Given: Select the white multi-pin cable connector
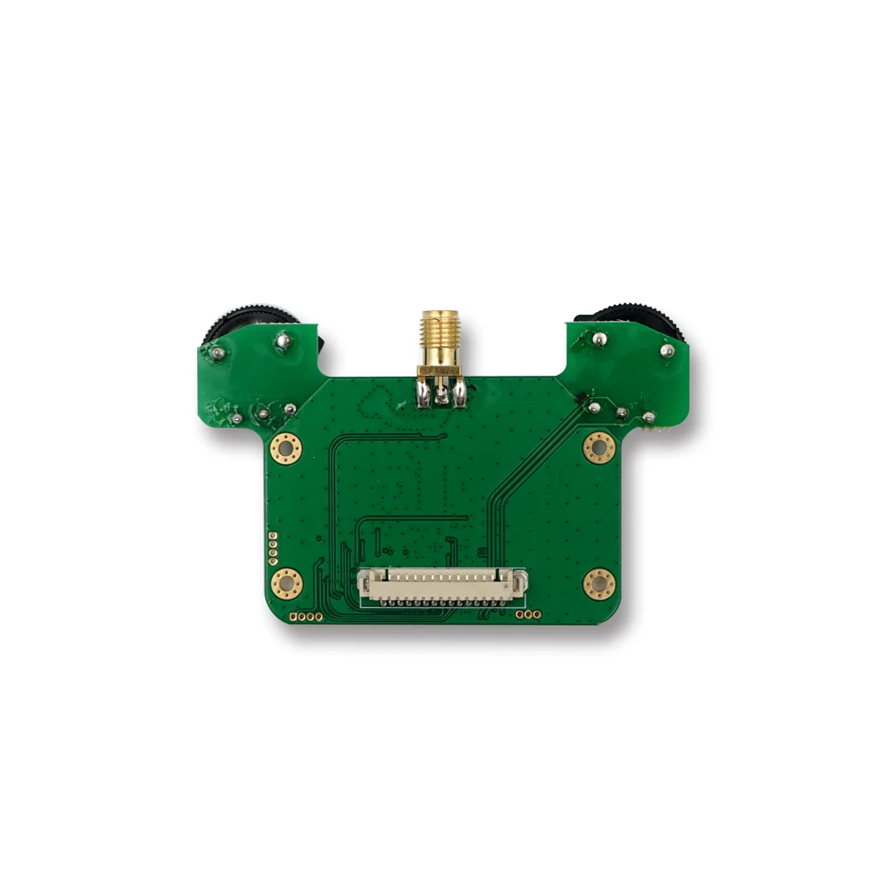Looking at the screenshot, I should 442,585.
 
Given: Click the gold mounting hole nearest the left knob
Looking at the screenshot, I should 286,448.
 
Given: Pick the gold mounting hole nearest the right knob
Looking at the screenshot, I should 598,447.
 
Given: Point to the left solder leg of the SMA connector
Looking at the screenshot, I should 423,394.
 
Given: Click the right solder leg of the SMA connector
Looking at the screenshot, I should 460,394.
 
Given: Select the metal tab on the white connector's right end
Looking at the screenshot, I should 522,582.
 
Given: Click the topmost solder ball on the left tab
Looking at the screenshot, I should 283,337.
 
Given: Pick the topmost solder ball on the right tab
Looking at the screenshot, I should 598,337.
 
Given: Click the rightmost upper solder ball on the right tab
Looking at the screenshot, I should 667,351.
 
